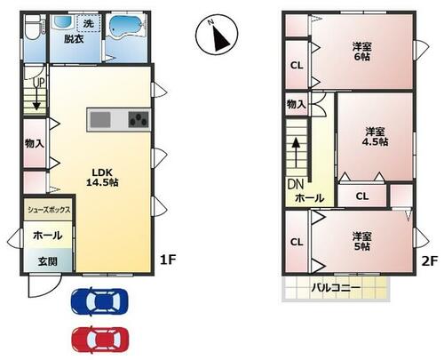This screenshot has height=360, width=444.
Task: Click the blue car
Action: [x=99, y=301]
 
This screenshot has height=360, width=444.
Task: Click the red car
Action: [x=100, y=340]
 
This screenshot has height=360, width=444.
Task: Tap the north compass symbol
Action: [x=217, y=35]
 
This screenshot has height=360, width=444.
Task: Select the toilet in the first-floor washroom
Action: [x=33, y=28]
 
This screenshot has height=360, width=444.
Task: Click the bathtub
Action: [x=124, y=27]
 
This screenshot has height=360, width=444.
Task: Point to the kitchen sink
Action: [x=100, y=119]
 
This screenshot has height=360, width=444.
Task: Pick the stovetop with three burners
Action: [x=139, y=119]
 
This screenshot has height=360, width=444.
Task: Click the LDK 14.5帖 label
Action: [x=102, y=177]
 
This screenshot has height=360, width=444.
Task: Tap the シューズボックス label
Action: [x=49, y=210]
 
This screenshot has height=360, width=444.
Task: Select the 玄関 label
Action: [x=48, y=261]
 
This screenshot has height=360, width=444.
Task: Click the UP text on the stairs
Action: [x=38, y=83]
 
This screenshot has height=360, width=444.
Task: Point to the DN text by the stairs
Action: [x=296, y=184]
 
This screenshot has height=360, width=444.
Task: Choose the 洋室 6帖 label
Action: [x=361, y=52]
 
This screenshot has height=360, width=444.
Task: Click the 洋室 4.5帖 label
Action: [x=375, y=137]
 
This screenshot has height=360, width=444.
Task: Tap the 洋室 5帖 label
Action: [x=361, y=241]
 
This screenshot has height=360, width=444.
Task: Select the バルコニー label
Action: [x=336, y=287]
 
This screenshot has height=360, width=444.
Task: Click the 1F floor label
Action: [x=168, y=260]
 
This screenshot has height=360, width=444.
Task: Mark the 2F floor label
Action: [x=429, y=260]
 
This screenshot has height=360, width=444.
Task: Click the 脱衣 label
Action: [x=74, y=39]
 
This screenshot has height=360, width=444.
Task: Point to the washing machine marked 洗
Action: [x=89, y=23]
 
